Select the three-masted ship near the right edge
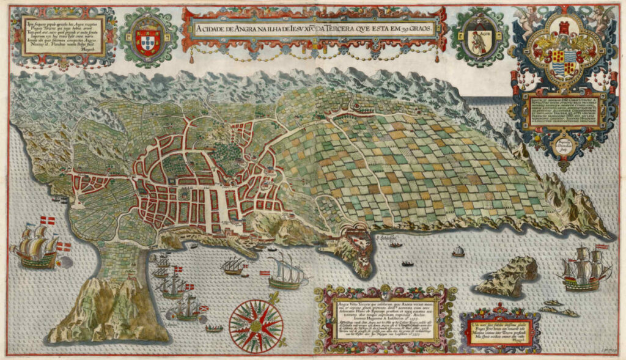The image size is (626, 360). coord(583,268)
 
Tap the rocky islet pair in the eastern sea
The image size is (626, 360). coord(507,278)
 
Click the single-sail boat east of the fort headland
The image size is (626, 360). coord(458,251)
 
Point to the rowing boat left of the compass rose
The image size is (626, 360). coord(214,329)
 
